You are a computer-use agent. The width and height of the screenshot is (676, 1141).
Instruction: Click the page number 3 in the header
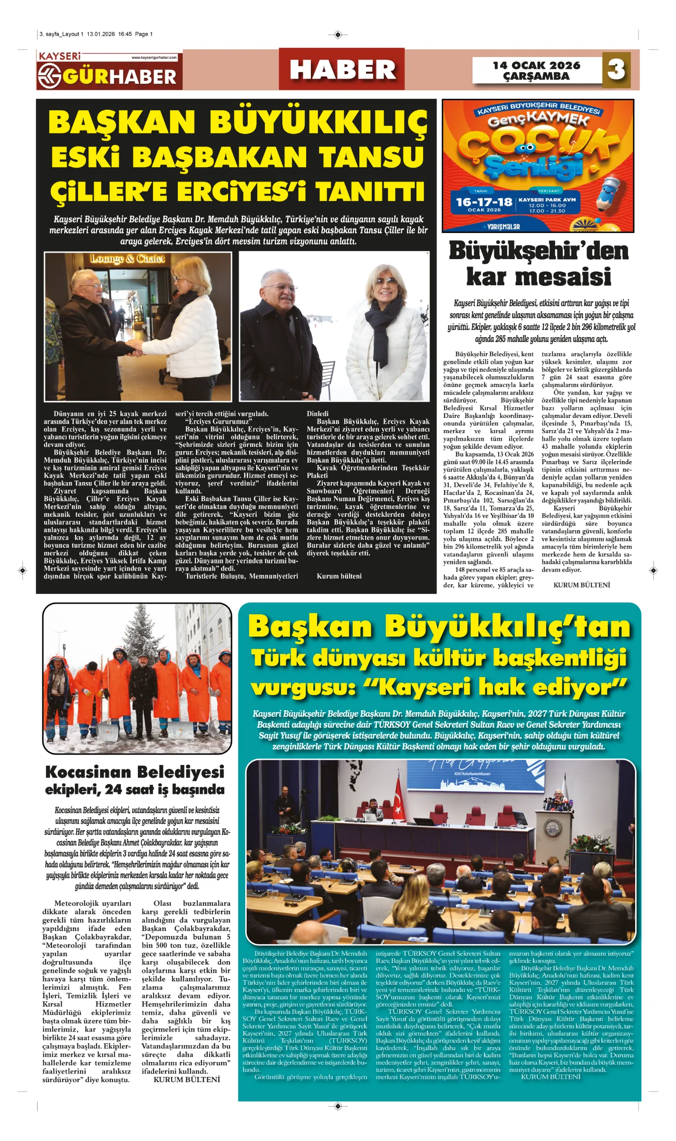coord(616,70)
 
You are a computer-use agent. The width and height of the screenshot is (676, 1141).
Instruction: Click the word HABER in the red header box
coord(342,70)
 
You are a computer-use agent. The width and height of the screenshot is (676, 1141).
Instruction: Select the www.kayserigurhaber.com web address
coord(154,58)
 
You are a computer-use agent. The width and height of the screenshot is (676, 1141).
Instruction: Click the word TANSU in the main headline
coord(371,156)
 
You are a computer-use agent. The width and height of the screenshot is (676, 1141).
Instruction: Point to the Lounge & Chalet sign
coord(127,259)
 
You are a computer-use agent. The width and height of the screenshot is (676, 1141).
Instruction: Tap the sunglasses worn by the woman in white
coord(386,281)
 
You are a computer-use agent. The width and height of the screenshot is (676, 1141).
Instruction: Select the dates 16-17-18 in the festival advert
coord(484,202)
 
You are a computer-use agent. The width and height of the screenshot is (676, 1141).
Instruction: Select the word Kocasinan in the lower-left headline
coord(90,772)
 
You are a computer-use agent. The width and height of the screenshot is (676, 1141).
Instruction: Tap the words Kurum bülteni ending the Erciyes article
coord(339,576)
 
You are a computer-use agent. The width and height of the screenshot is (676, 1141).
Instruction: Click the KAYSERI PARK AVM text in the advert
coord(547,200)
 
